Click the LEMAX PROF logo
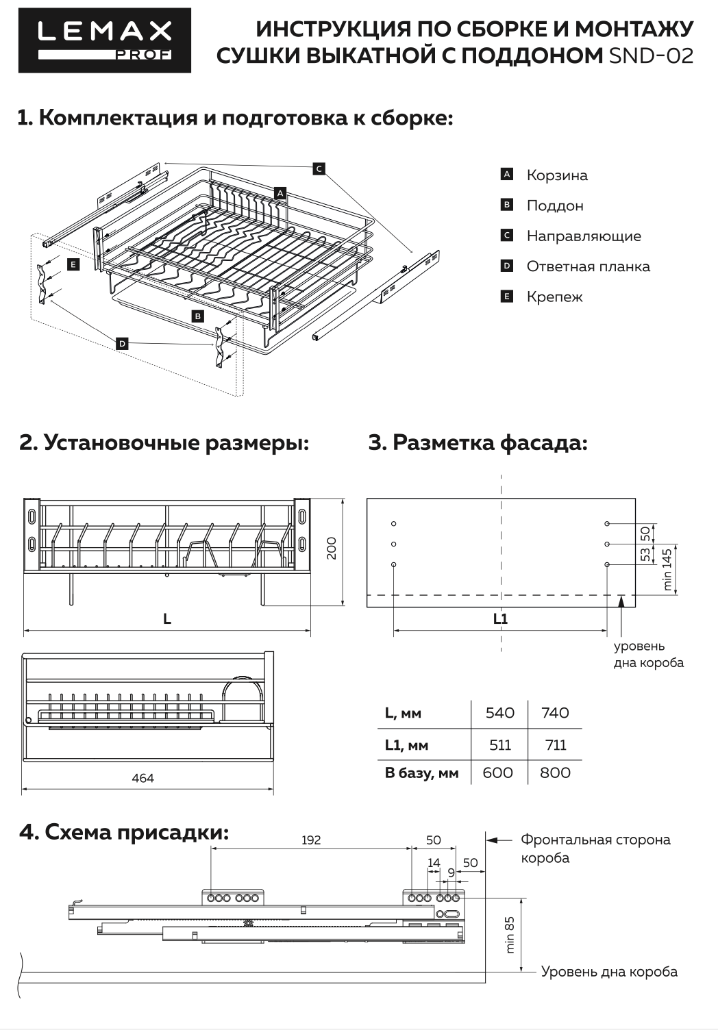(x=105, y=40)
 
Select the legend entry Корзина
(x=556, y=175)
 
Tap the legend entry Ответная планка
(x=588, y=266)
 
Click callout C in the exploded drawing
(x=319, y=168)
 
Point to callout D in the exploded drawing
(x=122, y=344)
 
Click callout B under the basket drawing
(x=197, y=316)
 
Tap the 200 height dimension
(x=332, y=548)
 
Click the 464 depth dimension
(x=143, y=778)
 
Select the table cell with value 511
(x=500, y=745)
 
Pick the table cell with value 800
(x=555, y=772)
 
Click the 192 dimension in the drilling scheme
(x=311, y=840)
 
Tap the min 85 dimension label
(x=510, y=935)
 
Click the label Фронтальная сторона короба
(x=595, y=848)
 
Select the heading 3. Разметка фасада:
(x=478, y=442)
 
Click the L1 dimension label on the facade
(x=500, y=618)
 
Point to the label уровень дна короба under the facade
(x=647, y=654)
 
